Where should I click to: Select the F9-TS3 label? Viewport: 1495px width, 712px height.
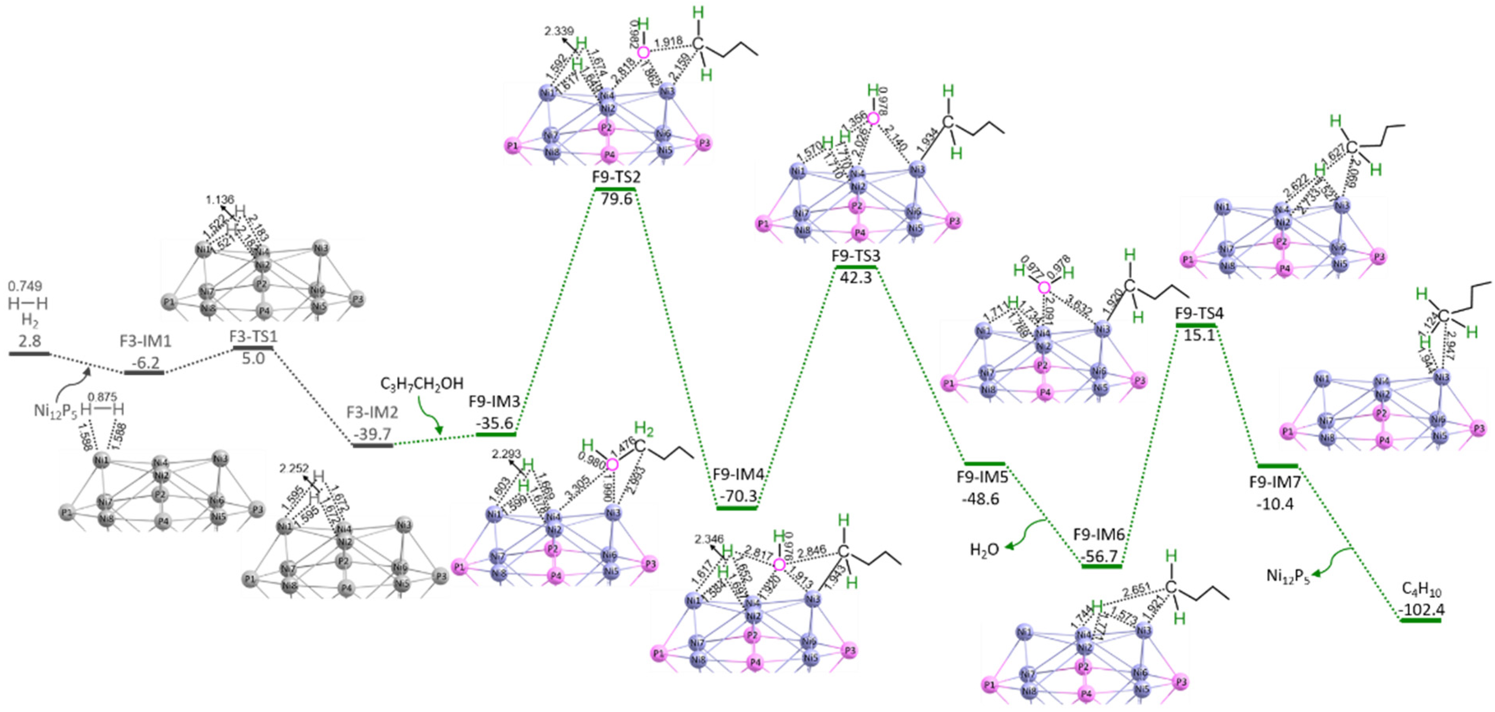pos(856,256)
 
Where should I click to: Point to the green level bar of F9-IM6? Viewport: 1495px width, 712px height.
pos(1101,566)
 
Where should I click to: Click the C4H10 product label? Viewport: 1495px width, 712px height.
pos(1421,590)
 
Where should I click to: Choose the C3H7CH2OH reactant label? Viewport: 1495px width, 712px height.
pos(422,384)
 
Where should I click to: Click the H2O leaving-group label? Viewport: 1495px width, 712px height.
pos(984,549)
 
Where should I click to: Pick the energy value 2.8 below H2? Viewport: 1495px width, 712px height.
pos(30,341)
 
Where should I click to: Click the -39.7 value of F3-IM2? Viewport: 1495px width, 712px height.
pos(373,434)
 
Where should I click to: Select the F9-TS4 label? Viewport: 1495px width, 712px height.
pos(1199,314)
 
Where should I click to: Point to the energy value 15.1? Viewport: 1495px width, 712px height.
pos(1199,336)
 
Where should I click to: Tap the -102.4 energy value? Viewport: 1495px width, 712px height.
pos(1421,610)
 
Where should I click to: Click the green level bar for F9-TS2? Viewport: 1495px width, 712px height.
pos(616,189)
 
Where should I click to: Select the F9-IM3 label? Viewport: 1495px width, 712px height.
pos(494,402)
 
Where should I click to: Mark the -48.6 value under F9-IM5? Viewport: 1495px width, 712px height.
pos(981,499)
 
